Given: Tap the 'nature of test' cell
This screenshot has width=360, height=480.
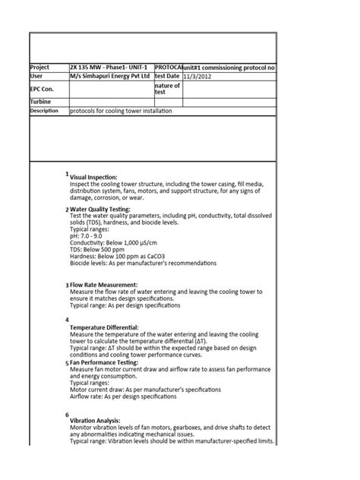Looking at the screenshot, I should click(x=167, y=90).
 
